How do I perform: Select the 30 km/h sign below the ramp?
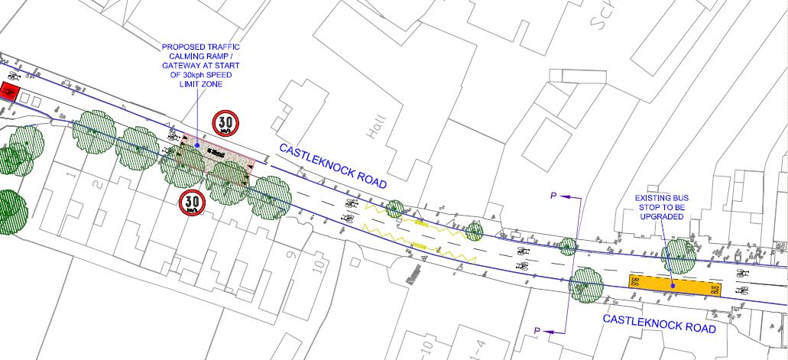coord(193,202)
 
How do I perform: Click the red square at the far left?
coord(10,92)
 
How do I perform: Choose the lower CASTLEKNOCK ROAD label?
coord(659,323)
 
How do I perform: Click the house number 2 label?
coord(96,186)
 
